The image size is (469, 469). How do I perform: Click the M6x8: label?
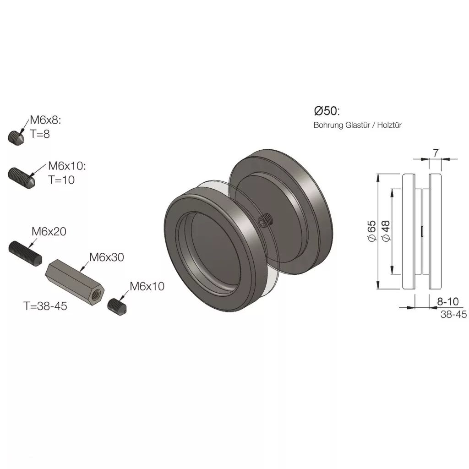pyautogui.click(x=45, y=120)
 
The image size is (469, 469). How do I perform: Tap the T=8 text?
pyautogui.click(x=40, y=134)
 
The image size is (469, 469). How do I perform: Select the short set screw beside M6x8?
pyautogui.click(x=16, y=138)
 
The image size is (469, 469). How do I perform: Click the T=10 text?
pyautogui.click(x=61, y=180)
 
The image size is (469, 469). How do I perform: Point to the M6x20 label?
pyautogui.click(x=49, y=231)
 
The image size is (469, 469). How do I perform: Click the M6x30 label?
pyautogui.click(x=106, y=257)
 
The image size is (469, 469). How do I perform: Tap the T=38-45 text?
pyautogui.click(x=45, y=306)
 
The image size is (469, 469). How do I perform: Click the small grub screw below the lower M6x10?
pyautogui.click(x=117, y=307)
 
